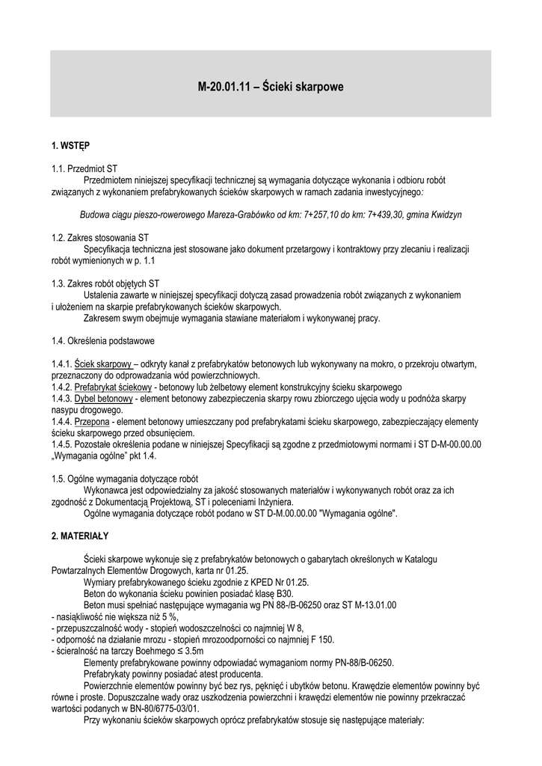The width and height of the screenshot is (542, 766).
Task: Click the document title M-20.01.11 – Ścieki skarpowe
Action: coord(271,87)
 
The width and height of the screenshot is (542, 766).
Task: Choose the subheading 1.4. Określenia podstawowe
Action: coord(103,341)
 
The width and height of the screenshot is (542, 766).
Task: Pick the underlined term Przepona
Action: coord(91,422)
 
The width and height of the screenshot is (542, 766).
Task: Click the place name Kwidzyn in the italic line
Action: coord(443,215)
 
